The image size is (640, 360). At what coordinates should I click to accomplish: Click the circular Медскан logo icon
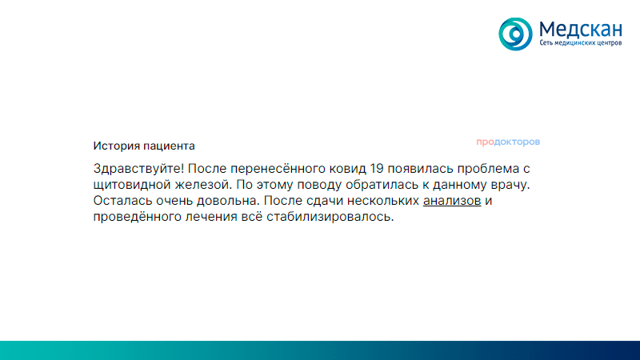coord(515,33)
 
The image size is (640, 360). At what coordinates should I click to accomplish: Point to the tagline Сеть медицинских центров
coord(581,43)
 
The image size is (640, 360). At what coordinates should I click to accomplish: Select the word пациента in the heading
coord(169,146)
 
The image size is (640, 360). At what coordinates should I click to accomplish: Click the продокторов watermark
coord(508,142)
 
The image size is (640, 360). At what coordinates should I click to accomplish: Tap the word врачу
coord(510,185)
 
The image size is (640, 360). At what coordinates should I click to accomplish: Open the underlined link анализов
coord(452,201)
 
